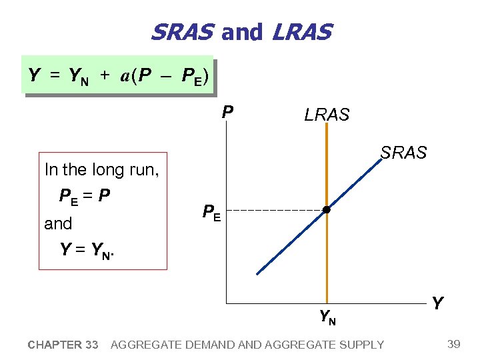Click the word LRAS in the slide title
[301, 31]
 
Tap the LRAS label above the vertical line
[327, 115]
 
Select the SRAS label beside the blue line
[403, 153]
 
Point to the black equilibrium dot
[327, 211]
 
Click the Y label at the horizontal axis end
[437, 304]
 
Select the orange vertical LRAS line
[327, 267]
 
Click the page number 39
[454, 344]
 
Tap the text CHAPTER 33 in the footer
[63, 345]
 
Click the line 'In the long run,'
[102, 169]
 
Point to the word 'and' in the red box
[58, 223]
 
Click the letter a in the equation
[125, 75]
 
